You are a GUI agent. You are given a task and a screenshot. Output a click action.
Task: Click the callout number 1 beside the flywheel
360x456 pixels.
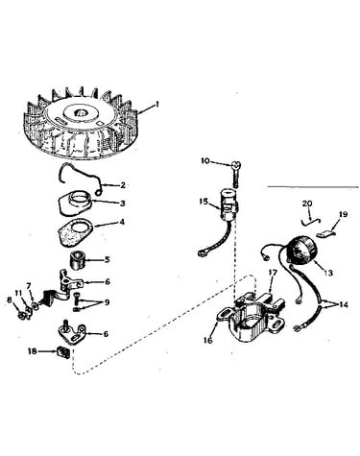point(156,105)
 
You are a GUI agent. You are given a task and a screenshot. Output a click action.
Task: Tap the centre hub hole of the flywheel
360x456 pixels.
point(80,113)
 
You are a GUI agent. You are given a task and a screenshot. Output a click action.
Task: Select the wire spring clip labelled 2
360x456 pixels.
point(80,178)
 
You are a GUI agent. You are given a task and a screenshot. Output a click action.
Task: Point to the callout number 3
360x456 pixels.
point(122,204)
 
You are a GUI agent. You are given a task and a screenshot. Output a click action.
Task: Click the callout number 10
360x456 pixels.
point(205,160)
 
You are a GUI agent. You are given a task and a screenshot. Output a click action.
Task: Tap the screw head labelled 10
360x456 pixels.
point(235,165)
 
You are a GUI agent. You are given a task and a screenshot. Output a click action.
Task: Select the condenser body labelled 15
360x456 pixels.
point(228,202)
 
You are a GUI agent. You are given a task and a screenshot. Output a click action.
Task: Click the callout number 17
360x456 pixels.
point(273,273)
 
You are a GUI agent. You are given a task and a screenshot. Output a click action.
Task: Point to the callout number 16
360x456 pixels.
point(208,341)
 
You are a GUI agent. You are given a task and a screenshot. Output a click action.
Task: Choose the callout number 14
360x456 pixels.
point(343,305)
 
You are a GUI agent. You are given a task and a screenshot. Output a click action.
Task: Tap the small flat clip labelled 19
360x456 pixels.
point(325,233)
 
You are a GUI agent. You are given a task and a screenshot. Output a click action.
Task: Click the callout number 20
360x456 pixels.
point(307,204)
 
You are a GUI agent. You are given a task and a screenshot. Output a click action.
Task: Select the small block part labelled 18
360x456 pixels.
point(63,352)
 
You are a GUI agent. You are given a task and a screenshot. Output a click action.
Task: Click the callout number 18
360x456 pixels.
point(33,351)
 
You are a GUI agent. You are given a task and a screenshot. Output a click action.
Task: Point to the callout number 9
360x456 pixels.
point(107,302)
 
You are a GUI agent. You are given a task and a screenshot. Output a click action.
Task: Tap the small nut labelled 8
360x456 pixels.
point(21,315)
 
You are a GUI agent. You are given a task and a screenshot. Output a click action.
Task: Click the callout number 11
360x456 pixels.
point(18,293)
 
